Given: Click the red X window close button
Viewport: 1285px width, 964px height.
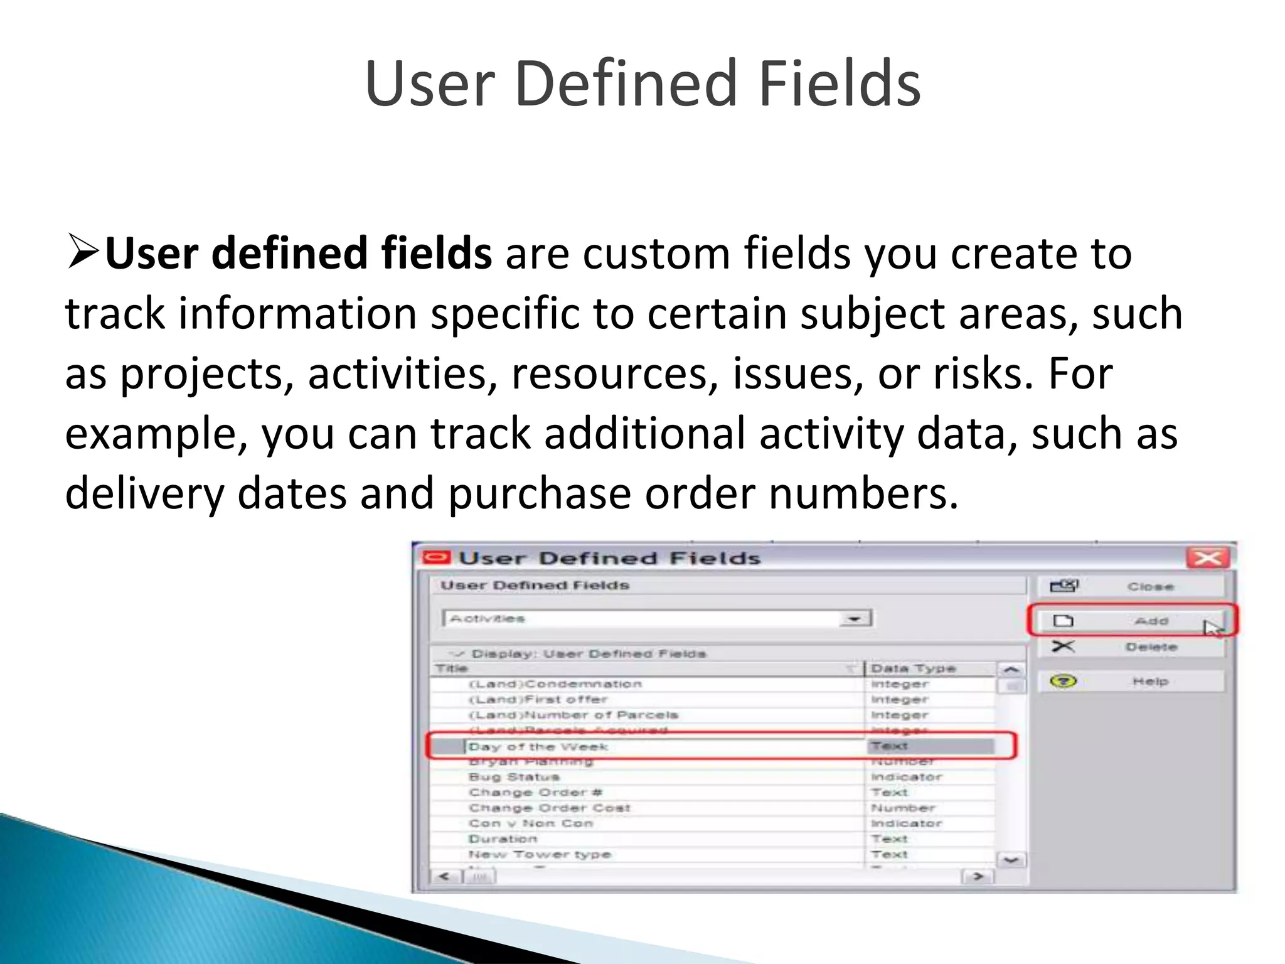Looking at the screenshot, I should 1207,557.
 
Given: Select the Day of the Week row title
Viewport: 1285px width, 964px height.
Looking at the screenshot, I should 538,747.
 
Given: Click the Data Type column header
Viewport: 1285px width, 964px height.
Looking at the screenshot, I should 913,668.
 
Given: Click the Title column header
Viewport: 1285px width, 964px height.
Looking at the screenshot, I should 452,668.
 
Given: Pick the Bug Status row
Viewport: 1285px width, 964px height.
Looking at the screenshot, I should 514,777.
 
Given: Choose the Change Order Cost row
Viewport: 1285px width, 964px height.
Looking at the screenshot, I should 549,808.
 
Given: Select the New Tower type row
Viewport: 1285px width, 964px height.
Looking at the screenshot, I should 540,854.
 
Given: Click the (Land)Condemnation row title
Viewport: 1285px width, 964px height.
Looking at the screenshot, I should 555,684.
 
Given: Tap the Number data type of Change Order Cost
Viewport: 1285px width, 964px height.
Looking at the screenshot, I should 903,808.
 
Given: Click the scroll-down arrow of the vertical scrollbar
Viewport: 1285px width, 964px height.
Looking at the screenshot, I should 1010,860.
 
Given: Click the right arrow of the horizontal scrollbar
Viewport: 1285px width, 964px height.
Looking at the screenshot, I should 978,876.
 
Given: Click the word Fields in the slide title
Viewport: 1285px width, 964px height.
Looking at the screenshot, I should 840,83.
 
